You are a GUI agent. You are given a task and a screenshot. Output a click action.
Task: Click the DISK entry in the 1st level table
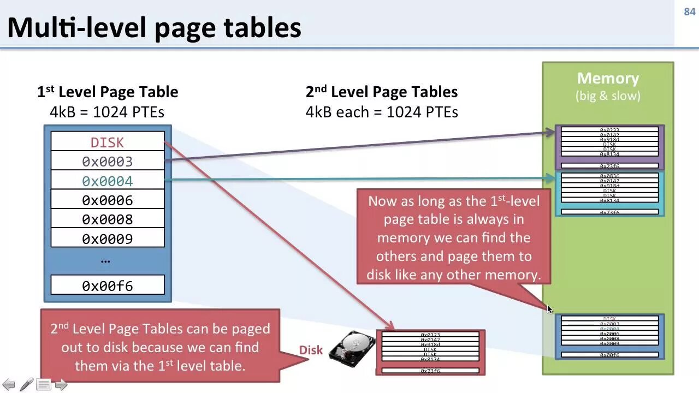pos(108,142)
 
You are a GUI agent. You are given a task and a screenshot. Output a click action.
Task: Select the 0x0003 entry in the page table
pos(108,162)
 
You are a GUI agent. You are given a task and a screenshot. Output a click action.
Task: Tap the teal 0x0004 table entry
pos(108,181)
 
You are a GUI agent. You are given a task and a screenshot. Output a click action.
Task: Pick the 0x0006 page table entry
pos(108,200)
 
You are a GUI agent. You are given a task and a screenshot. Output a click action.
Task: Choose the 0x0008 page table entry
pos(108,219)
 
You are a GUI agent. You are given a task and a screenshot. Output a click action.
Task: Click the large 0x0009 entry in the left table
pos(108,239)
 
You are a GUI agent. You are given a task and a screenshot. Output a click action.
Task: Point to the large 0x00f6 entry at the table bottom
pos(108,285)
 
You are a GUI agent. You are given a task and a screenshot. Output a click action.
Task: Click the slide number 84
pos(689,12)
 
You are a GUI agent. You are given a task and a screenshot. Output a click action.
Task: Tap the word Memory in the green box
pos(608,79)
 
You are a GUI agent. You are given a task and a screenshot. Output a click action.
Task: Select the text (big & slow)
pos(608,96)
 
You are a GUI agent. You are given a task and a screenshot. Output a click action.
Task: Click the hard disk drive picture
pos(352,350)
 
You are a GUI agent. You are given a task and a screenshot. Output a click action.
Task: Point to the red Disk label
pos(311,350)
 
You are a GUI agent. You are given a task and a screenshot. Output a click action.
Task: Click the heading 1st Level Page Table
pos(108,92)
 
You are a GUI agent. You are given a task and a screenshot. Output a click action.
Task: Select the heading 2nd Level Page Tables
pos(381,92)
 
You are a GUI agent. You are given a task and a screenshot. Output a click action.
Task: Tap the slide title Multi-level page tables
pos(154,27)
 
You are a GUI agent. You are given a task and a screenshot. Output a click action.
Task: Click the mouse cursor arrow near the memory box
pos(549,309)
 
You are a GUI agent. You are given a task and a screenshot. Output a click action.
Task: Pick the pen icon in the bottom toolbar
pos(26,385)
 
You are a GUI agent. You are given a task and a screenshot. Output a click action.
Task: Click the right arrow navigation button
pos(61,385)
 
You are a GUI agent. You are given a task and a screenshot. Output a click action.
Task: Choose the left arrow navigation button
pos(9,385)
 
